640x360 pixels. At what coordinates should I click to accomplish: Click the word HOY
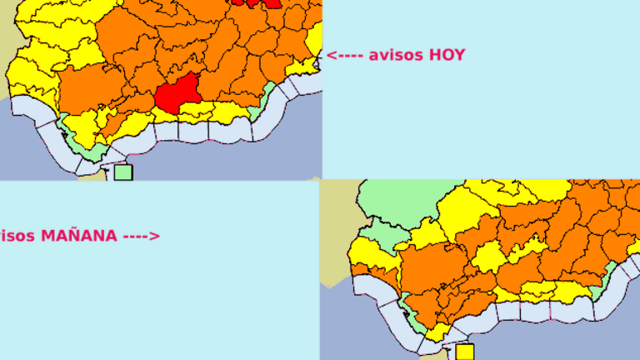(447, 56)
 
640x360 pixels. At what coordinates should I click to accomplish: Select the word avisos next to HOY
(396, 56)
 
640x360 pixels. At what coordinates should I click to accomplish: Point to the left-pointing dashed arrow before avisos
(344, 56)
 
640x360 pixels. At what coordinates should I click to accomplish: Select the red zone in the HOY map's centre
(177, 92)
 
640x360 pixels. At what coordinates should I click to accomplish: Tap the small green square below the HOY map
(123, 172)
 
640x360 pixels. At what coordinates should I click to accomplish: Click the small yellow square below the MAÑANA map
(464, 352)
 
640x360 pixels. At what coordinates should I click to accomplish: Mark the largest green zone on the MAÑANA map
(398, 200)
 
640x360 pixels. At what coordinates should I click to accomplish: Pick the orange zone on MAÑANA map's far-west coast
(364, 271)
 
